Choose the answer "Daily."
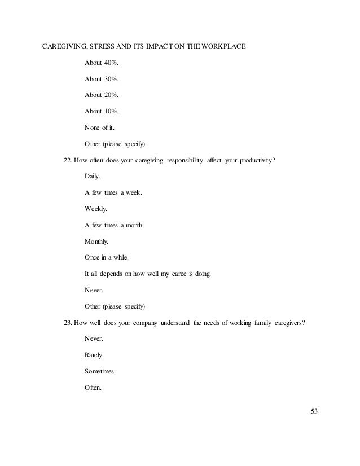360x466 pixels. point(92,177)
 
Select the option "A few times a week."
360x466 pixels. point(113,193)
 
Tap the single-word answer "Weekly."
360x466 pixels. point(95,209)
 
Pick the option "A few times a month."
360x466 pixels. point(114,226)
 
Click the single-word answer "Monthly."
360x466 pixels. point(96,242)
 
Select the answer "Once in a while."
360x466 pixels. point(107,258)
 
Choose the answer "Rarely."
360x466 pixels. point(94,356)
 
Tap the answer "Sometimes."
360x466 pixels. point(101,372)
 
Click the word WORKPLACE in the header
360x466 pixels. point(219,46)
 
